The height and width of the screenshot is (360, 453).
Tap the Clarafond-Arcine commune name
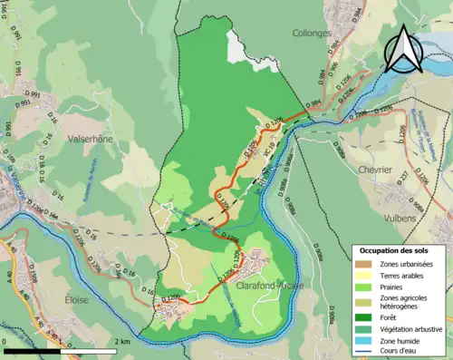[x=270, y=286]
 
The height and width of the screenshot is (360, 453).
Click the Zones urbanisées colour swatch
[x=365, y=263]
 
